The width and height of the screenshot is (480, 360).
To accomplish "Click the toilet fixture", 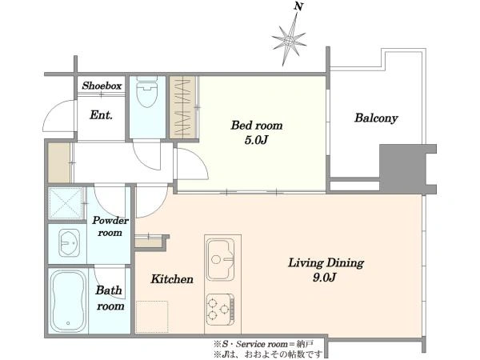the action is (x=147, y=91).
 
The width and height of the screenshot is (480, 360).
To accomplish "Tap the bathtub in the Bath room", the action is (x=68, y=302).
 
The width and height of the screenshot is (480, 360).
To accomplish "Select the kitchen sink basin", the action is (x=221, y=259).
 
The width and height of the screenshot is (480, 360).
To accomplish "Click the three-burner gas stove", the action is (x=221, y=310).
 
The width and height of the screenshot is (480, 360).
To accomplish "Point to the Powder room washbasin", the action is (x=69, y=242).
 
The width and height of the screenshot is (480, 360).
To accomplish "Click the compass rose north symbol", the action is (x=289, y=40).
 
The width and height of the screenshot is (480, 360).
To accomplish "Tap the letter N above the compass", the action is (x=298, y=6).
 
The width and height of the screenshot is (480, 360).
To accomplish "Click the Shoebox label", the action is (x=102, y=86).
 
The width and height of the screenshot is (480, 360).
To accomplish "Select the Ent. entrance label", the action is (x=101, y=115).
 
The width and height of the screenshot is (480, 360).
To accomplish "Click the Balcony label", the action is (x=376, y=118).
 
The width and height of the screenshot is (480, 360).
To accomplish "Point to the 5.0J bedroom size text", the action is (x=257, y=140).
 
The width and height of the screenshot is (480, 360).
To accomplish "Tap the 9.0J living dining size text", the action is (x=325, y=278).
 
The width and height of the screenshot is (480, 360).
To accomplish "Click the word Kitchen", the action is (x=172, y=279).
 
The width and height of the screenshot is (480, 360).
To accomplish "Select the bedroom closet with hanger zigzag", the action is (x=182, y=107).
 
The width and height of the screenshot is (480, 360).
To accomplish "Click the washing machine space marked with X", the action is (x=66, y=203).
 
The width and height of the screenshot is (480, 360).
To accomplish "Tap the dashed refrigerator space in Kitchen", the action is (x=152, y=317).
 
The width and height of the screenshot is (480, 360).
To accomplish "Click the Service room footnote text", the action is (x=263, y=344).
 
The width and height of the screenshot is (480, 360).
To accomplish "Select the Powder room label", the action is (x=110, y=226).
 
